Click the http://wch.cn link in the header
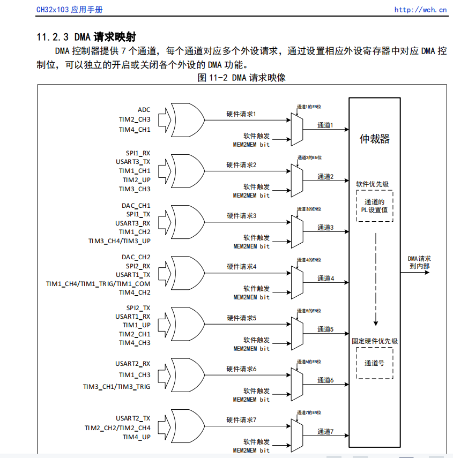pyautogui.click(x=420, y=9)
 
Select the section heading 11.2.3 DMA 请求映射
pyautogui.click(x=86, y=37)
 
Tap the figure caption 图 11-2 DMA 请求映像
pyautogui.click(x=241, y=78)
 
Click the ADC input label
pyautogui.click(x=144, y=110)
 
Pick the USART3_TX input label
pyautogui.click(x=133, y=162)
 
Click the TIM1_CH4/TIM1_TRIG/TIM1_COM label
pyautogui.click(x=98, y=283)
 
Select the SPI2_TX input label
pyautogui.click(x=138, y=307)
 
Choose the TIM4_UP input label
pyautogui.click(x=136, y=437)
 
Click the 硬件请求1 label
pyautogui.click(x=241, y=114)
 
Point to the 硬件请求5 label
pyautogui.click(x=241, y=318)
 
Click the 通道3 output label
pyautogui.click(x=325, y=228)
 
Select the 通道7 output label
pyautogui.click(x=325, y=431)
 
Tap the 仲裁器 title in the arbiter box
pyautogui.click(x=375, y=139)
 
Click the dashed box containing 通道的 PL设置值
pyautogui.click(x=375, y=206)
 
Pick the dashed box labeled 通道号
pyautogui.click(x=374, y=363)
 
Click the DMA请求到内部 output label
pyautogui.click(x=419, y=262)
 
